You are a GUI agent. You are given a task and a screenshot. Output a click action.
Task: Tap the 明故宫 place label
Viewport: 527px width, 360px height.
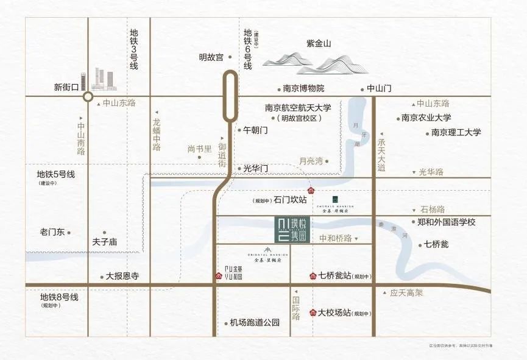click(x=211, y=57)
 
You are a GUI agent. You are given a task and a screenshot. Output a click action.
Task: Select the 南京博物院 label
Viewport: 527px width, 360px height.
click(x=304, y=88)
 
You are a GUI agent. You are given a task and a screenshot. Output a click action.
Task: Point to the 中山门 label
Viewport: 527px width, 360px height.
click(x=379, y=88)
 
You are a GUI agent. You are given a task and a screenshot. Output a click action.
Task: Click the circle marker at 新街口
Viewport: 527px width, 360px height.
click(x=88, y=96)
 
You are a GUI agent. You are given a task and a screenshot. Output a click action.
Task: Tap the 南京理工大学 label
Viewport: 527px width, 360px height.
click(x=456, y=132)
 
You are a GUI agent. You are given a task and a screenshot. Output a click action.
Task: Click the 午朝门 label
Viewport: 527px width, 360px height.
click(x=255, y=130)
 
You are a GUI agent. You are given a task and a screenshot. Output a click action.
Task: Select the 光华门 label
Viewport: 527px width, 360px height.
click(x=255, y=168)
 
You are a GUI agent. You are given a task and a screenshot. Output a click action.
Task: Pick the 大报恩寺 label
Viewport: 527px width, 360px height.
click(x=122, y=276)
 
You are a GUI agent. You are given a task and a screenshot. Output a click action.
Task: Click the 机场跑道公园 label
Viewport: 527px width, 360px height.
click(x=255, y=323)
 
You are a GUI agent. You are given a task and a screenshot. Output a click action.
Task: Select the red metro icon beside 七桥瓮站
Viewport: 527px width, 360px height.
click(x=313, y=276)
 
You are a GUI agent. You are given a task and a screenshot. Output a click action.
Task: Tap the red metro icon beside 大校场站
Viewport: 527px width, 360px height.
click(x=313, y=313)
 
